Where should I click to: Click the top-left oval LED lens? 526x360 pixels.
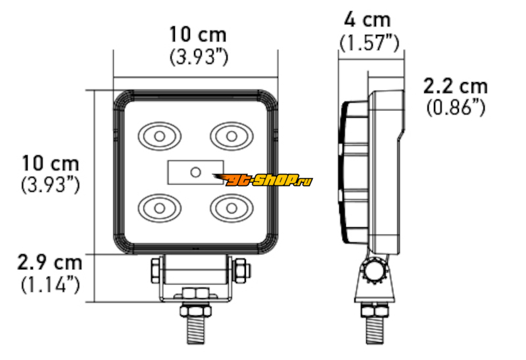tap(159, 136)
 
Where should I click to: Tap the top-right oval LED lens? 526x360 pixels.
tap(231, 136)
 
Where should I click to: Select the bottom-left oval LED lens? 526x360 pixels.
tap(159, 208)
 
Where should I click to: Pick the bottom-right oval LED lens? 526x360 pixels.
tap(231, 208)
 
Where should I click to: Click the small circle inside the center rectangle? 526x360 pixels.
tap(195, 172)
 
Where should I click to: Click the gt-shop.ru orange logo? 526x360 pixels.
tap(262, 180)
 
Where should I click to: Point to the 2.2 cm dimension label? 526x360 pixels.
tap(455, 87)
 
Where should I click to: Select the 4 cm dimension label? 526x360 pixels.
tap(368, 20)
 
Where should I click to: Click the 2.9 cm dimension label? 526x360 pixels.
tap(50, 263)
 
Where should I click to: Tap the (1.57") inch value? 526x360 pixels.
tap(369, 43)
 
